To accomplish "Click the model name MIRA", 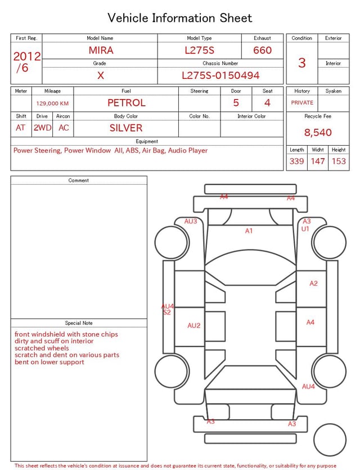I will [x=101, y=50].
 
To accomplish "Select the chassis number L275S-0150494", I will [x=220, y=75].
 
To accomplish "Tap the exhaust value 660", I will [x=262, y=50].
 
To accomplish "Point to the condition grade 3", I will [x=301, y=62].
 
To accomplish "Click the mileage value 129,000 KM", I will [x=52, y=104].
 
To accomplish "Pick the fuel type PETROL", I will [x=126, y=103].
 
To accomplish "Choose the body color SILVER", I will [x=126, y=128].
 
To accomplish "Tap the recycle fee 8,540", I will [x=318, y=133].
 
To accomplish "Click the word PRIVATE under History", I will [x=302, y=103].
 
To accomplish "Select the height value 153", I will [x=339, y=162].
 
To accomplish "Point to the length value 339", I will [x=296, y=162].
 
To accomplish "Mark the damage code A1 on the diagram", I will [x=249, y=231].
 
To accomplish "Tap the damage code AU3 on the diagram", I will [x=191, y=222].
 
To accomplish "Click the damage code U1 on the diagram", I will [x=305, y=229].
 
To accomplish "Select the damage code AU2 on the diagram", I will [x=194, y=325].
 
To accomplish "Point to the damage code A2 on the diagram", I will [x=313, y=284].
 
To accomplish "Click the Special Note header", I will [x=79, y=323].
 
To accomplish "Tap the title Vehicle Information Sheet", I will [x=180, y=18].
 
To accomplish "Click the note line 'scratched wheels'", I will [x=42, y=348].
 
